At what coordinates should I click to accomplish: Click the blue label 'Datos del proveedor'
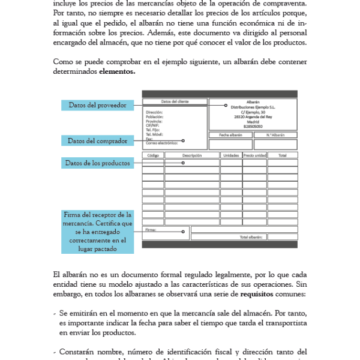tap(98, 105)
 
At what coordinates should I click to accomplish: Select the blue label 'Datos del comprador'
tap(97, 141)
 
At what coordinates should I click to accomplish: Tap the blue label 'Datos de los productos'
tap(98, 163)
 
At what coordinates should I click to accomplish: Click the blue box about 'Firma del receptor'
tap(98, 232)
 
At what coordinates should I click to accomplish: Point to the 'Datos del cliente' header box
tap(175, 101)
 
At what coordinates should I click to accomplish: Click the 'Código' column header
tap(152, 155)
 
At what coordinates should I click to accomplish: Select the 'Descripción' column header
tap(192, 155)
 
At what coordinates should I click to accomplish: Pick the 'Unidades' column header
tap(231, 155)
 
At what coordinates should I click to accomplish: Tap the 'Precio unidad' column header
tap(255, 155)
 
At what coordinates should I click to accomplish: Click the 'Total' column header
tap(282, 155)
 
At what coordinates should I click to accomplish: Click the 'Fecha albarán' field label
tap(230, 135)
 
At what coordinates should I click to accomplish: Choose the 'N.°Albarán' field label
tap(275, 135)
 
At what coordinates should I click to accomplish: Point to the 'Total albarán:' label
tap(251, 237)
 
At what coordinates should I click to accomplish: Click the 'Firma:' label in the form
tap(151, 229)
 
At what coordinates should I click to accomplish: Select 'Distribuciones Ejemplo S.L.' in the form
tap(253, 107)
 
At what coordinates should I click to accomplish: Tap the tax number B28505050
tap(253, 126)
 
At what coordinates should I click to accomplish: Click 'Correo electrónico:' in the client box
tap(161, 143)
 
